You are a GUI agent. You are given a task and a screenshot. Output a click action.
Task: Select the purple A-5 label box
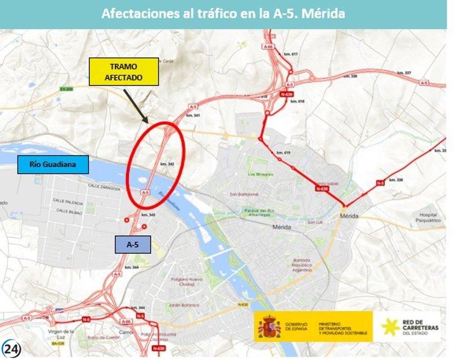tap(133, 244)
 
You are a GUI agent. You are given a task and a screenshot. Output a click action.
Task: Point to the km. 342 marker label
tap(167, 164)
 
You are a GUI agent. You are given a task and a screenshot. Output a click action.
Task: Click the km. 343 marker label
tap(148, 215)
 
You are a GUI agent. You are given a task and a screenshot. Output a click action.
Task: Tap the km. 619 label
tap(283, 153)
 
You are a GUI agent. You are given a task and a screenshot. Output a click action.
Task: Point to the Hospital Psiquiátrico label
tap(428, 217)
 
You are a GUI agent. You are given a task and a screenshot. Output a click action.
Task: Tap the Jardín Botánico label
tap(187, 305)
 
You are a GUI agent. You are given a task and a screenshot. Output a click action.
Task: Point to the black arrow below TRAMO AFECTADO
tap(136, 105)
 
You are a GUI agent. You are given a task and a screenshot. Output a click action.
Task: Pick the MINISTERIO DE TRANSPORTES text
tap(343, 327)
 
